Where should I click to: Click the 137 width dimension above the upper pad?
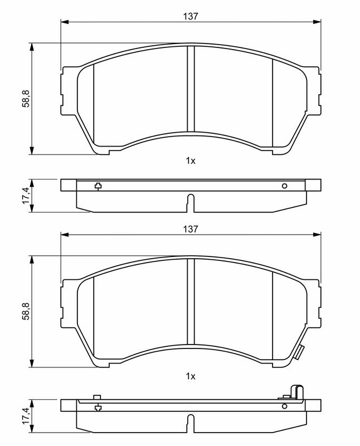click(191, 16)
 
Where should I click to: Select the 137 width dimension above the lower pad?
click(191, 229)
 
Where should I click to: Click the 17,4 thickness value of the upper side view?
click(26, 196)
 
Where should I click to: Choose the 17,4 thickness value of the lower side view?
click(26, 416)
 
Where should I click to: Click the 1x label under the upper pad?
click(191, 161)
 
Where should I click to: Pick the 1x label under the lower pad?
click(191, 376)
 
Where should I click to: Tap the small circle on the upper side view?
click(284, 186)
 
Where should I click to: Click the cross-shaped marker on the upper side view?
click(98, 186)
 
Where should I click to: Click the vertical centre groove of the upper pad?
click(191, 89)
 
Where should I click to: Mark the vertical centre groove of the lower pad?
click(191, 304)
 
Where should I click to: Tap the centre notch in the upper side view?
click(191, 202)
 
